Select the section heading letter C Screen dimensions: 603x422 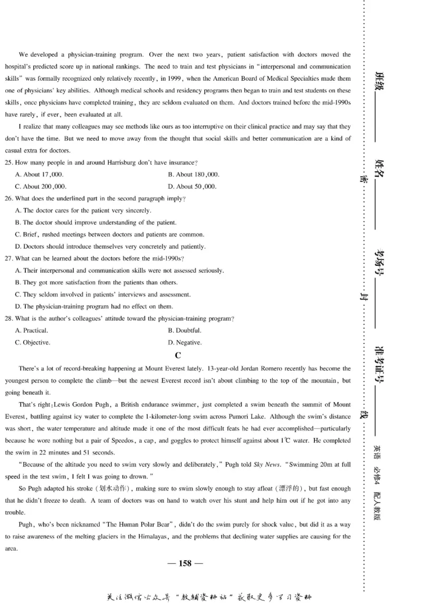(178, 355)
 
